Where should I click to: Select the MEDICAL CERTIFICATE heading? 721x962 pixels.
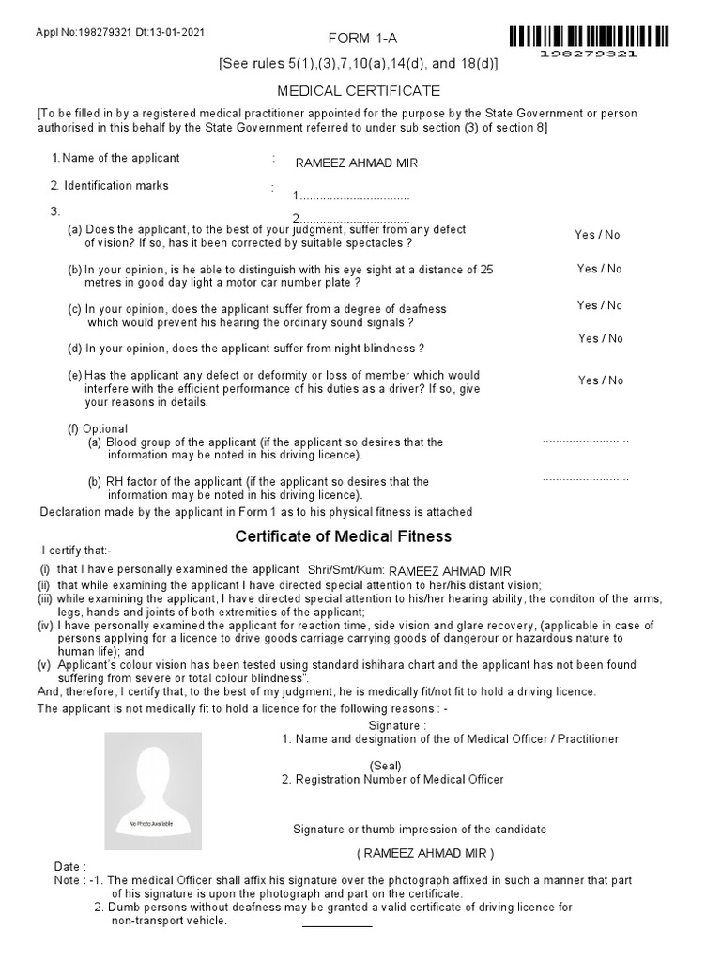click(x=357, y=91)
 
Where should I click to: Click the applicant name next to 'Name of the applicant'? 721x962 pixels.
click(x=356, y=163)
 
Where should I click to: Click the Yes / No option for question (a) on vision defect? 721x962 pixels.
click(x=598, y=235)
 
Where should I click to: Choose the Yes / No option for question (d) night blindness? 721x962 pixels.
click(x=600, y=338)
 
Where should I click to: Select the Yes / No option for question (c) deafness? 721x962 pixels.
click(x=599, y=305)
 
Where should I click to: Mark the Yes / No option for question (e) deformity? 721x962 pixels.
click(x=600, y=380)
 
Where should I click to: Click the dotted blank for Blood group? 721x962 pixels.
click(x=585, y=441)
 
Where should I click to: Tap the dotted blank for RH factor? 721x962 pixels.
click(x=585, y=479)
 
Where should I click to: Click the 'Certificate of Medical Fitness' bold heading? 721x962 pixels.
click(x=343, y=536)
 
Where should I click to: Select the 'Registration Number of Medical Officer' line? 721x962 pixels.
click(x=392, y=779)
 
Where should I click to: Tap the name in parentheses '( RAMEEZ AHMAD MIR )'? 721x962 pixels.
click(x=424, y=853)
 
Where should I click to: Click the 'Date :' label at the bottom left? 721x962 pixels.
click(x=70, y=866)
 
